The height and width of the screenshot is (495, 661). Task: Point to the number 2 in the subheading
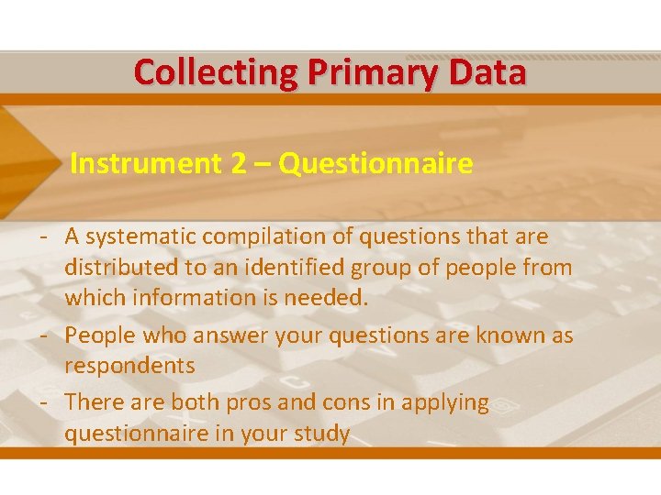tap(238, 164)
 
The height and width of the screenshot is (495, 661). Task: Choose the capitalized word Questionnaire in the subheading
tap(375, 164)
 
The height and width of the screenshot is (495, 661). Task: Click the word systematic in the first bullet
tap(140, 236)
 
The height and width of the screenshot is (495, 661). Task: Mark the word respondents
tap(129, 366)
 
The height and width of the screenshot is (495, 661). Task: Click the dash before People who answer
tap(44, 335)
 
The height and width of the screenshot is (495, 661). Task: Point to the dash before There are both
tap(44, 402)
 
